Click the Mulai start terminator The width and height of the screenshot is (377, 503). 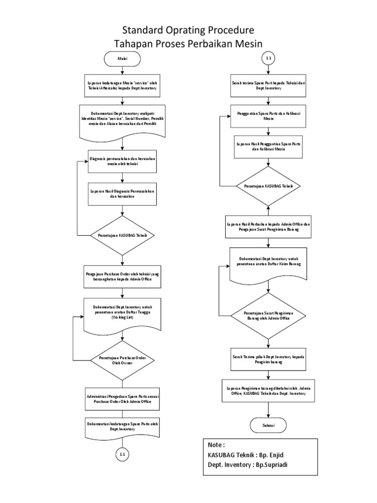(122, 58)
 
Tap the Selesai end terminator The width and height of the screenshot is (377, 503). (268, 424)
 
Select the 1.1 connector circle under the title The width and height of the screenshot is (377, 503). (268, 58)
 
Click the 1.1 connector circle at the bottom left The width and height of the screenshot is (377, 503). (122, 455)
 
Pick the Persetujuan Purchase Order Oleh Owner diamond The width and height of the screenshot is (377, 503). (122, 360)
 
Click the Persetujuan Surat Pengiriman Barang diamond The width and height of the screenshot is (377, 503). (268, 315)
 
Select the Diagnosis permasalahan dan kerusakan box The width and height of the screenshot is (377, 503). (122, 162)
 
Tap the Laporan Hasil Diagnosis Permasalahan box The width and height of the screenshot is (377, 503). (122, 194)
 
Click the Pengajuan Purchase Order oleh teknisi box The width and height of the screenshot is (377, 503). (122, 278)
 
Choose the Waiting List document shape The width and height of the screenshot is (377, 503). (122, 313)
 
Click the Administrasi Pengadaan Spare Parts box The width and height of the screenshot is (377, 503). (122, 398)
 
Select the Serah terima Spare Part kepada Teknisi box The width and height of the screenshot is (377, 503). (268, 86)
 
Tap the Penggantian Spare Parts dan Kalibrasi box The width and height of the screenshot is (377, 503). (268, 116)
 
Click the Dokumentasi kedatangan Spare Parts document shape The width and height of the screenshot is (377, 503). (122, 426)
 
